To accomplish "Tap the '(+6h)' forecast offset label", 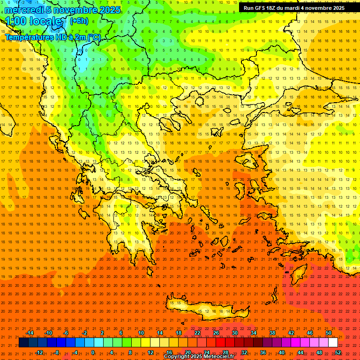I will (x=78, y=21).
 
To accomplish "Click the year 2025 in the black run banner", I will (x=336, y=8).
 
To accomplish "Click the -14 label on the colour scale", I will (x=30, y=333).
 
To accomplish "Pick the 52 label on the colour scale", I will (x=338, y=352).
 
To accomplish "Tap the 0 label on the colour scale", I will (x=93, y=352).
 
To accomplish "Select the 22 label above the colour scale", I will (x=197, y=333).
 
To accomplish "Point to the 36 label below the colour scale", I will (x=263, y=352).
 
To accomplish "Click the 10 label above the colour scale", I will (x=141, y=333).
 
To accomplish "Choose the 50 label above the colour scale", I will (x=329, y=333).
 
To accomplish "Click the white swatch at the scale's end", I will (x=333, y=343).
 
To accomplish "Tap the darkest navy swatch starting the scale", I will (x=23, y=343).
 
